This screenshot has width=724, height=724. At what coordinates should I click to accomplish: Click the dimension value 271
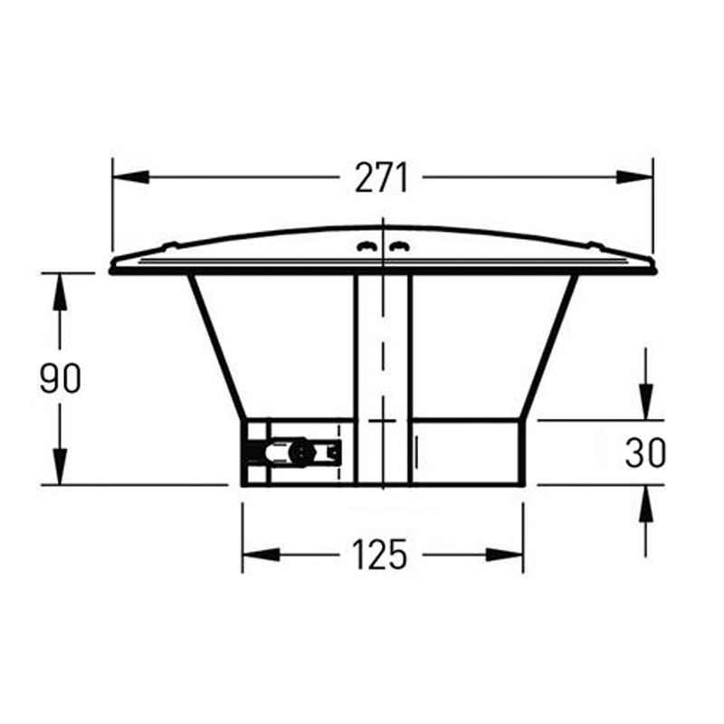tap(381, 178)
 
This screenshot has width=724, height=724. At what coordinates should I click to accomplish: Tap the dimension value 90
tap(61, 379)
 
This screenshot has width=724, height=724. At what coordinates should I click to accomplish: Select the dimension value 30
tap(645, 452)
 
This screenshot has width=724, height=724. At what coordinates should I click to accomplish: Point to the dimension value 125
tap(381, 554)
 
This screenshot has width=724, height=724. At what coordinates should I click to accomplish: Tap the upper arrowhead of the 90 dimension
tap(61, 290)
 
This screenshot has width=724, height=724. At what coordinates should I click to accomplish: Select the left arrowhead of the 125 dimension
tap(258, 554)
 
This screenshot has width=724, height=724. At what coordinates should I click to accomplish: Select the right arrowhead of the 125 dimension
tap(508, 554)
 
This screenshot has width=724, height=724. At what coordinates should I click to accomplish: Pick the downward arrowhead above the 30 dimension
tap(645, 403)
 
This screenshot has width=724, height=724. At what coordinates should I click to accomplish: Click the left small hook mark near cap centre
tap(365, 244)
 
